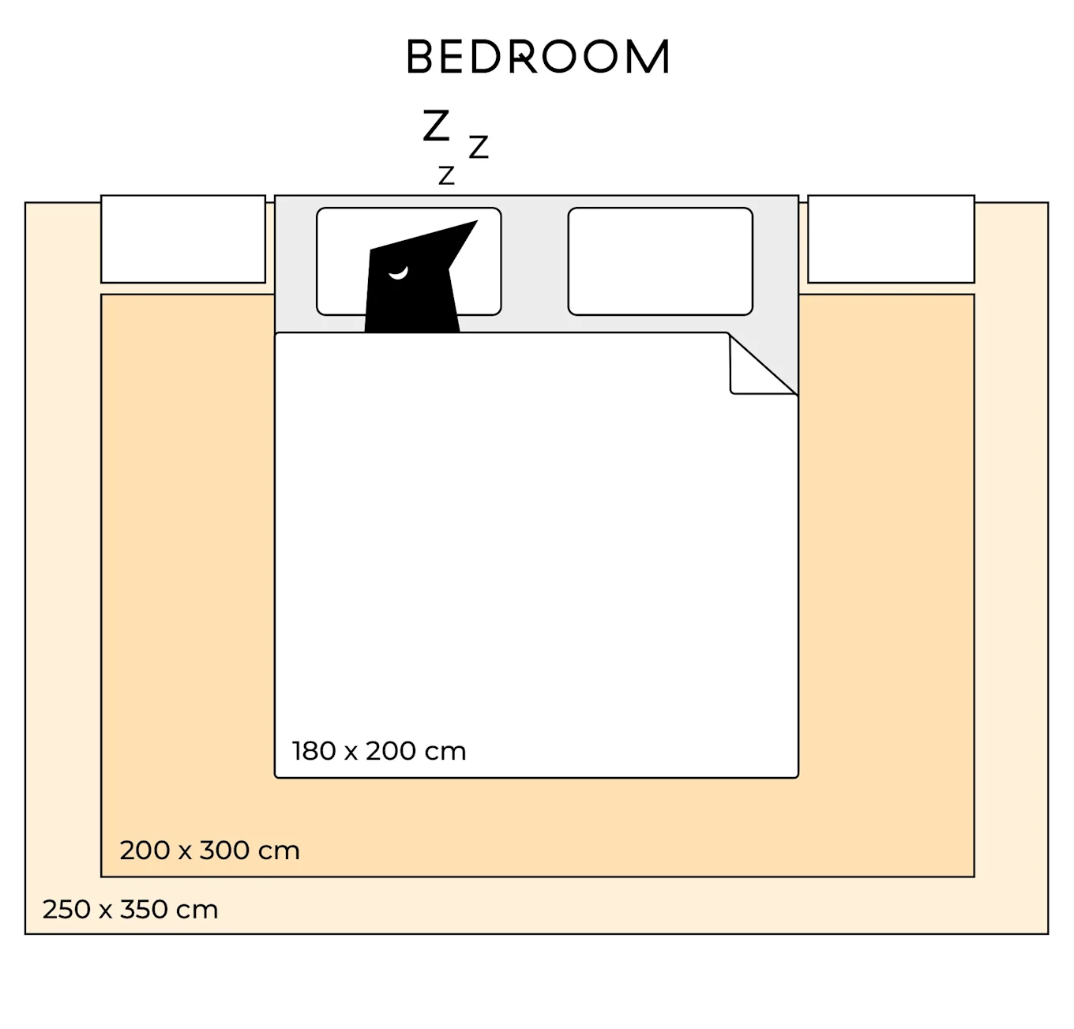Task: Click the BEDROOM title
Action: click(x=538, y=58)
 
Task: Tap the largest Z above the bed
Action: click(x=436, y=126)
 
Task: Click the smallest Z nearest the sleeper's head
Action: click(x=446, y=175)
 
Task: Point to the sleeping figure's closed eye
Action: click(x=398, y=273)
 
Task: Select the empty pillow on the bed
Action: click(x=660, y=261)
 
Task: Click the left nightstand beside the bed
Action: click(x=183, y=238)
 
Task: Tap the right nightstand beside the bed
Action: click(x=891, y=238)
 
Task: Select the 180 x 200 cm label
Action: click(x=379, y=751)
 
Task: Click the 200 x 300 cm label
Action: click(x=210, y=851)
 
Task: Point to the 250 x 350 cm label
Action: click(x=130, y=910)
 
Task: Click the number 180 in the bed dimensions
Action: click(x=314, y=751)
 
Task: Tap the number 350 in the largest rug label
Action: click(x=143, y=910)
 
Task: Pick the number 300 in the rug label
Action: click(x=224, y=851)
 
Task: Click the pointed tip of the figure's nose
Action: click(x=475, y=223)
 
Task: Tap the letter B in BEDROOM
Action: click(x=420, y=58)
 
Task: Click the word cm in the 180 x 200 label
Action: click(x=448, y=751)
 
